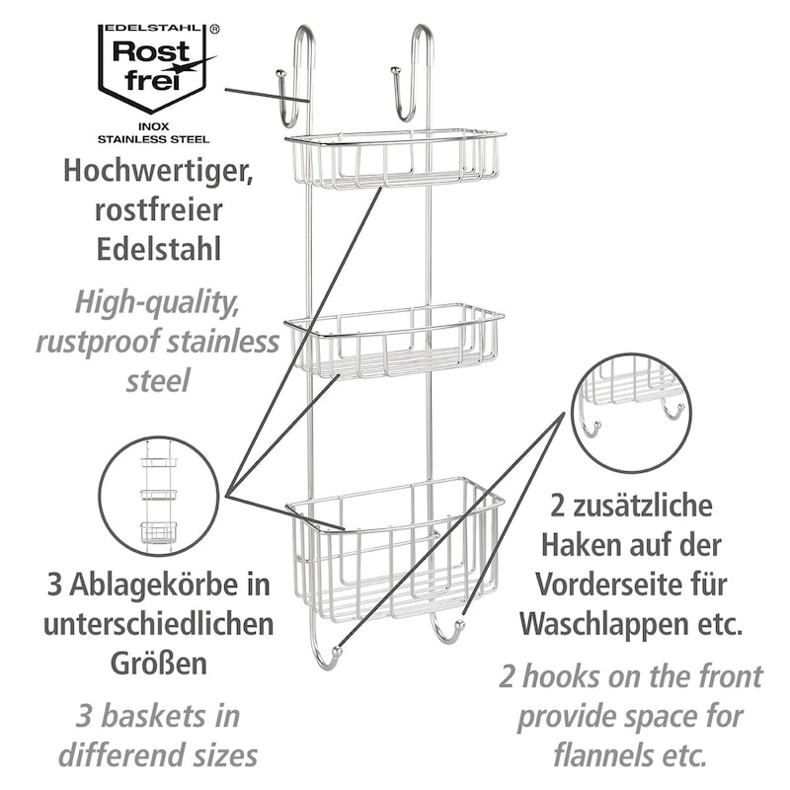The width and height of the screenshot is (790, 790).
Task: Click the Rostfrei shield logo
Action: click(152, 68)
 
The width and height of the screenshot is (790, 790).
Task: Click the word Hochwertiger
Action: click(158, 172)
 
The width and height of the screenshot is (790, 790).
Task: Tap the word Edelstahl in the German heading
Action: click(159, 249)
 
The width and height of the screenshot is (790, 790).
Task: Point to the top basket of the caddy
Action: click(395, 160)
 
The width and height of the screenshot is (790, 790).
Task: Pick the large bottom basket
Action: click(395, 549)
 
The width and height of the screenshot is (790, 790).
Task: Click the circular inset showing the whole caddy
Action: click(159, 497)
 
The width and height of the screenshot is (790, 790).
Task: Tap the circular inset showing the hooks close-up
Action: click(632, 413)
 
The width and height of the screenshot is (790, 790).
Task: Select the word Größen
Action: click(159, 664)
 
